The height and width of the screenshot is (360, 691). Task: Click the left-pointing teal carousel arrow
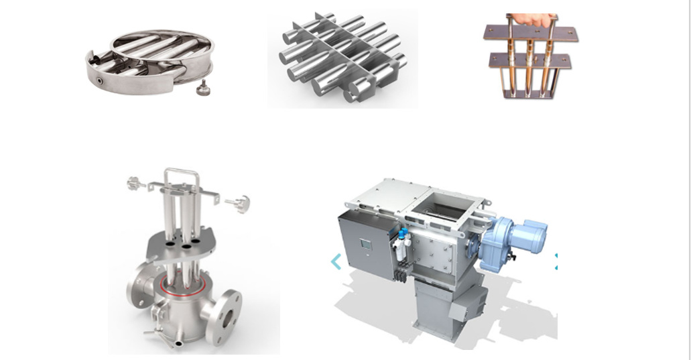point(336,261)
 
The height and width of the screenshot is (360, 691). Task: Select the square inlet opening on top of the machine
point(442,200)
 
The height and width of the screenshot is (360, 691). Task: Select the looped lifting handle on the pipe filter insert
point(182,176)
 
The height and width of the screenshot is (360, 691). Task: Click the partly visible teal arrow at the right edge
point(556,261)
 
